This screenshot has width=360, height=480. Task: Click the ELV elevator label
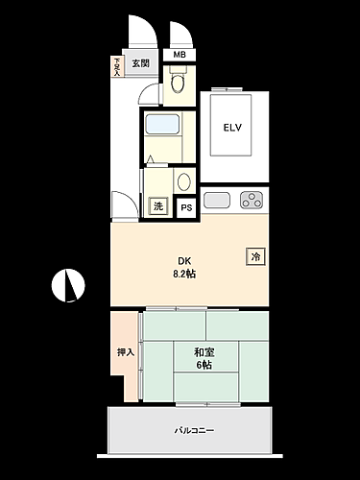pyautogui.click(x=230, y=126)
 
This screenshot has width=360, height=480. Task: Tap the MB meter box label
pyautogui.click(x=180, y=54)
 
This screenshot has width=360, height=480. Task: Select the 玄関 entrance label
pyautogui.click(x=141, y=63)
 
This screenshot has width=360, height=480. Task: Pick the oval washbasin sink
pyautogui.click(x=183, y=180)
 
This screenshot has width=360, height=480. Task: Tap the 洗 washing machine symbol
pyautogui.click(x=157, y=204)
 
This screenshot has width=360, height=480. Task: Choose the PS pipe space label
pyautogui.click(x=186, y=205)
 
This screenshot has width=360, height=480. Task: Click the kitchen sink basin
pyautogui.click(x=218, y=200)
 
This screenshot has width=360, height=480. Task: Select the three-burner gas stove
pyautogui.click(x=252, y=200)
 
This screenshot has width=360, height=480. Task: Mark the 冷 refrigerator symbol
pyautogui.click(x=255, y=255)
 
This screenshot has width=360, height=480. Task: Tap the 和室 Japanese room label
pyautogui.click(x=203, y=352)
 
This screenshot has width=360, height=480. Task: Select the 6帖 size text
pyautogui.click(x=203, y=366)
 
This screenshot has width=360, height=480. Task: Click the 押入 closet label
pyautogui.click(x=126, y=352)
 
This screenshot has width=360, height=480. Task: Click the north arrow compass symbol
pyautogui.click(x=68, y=284)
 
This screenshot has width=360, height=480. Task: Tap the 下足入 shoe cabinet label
pyautogui.click(x=118, y=65)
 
